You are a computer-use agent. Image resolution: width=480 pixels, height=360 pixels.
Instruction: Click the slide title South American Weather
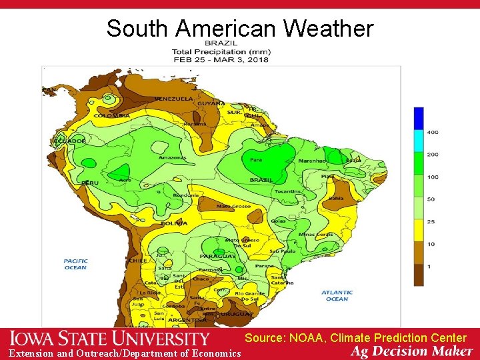pyautogui.click(x=240, y=29)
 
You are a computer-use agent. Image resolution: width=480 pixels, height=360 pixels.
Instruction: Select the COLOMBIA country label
pyautogui.click(x=111, y=115)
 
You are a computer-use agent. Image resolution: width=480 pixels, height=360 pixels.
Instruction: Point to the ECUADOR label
pyautogui.click(x=70, y=141)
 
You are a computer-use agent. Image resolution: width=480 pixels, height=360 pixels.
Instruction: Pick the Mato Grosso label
pyautogui.click(x=233, y=206)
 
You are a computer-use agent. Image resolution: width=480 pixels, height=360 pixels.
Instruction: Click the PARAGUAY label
pyautogui.click(x=217, y=257)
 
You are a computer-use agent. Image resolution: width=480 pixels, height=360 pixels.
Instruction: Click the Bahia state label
pyautogui.click(x=336, y=198)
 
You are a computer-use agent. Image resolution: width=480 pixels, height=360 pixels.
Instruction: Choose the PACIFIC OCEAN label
pyautogui.click(x=75, y=264)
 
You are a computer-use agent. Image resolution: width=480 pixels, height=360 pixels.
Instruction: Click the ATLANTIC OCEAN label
pyautogui.click(x=337, y=295)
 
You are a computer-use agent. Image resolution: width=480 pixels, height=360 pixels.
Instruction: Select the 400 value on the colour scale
pyautogui.click(x=433, y=132)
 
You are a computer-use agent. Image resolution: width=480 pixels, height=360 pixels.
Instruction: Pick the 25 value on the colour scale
pyautogui.click(x=431, y=221)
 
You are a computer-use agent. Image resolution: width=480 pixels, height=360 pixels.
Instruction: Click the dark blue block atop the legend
pyautogui.click(x=418, y=118)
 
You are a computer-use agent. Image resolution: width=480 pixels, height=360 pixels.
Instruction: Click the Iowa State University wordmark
pyautogui.click(x=110, y=339)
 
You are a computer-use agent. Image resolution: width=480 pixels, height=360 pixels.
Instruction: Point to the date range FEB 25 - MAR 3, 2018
pyautogui.click(x=220, y=59)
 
